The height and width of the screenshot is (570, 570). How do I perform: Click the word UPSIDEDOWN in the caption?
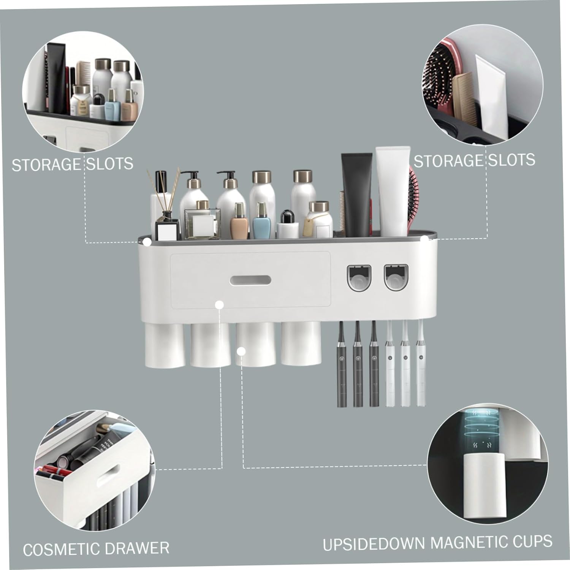374,544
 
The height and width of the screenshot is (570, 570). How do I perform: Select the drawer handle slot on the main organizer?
250,280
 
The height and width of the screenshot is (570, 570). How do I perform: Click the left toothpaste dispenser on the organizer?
359,277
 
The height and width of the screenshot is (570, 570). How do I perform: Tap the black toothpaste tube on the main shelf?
356,194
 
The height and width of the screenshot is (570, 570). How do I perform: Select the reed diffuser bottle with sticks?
166,224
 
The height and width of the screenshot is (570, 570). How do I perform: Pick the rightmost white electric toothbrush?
420,365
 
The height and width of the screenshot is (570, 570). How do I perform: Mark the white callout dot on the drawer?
219,304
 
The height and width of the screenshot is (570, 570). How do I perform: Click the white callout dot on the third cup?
241,351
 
